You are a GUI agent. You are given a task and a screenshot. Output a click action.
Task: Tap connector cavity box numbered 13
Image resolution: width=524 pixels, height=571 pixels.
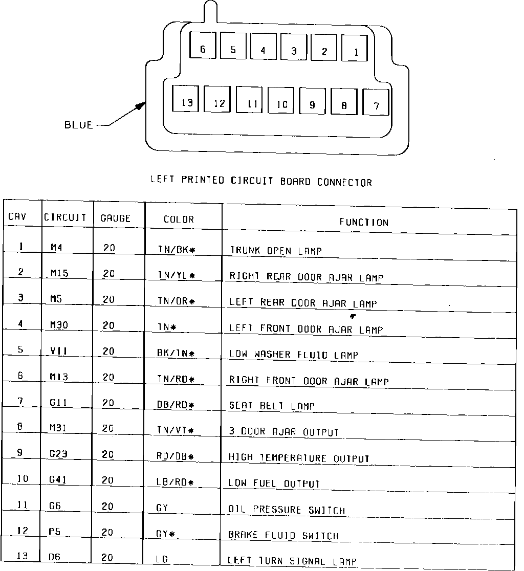coord(186,102)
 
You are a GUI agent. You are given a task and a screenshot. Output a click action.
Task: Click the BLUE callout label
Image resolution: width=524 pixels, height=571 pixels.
coord(78,124)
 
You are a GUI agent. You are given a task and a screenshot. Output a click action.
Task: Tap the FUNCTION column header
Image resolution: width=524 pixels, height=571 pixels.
coord(364,222)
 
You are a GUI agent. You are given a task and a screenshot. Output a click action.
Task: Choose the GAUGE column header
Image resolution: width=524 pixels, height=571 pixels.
coord(115,218)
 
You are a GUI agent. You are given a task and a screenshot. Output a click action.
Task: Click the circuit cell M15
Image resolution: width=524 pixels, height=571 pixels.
coord(59,273)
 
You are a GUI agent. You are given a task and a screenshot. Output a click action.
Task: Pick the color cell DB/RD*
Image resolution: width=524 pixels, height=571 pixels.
coord(176,405)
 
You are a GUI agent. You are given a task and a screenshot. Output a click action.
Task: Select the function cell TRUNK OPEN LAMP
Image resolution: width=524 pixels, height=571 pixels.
coord(275,250)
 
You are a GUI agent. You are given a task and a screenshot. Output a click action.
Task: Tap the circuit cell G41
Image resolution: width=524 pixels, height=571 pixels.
coord(58,480)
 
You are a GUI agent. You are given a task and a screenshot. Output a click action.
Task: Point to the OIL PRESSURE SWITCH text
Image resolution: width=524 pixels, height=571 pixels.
coord(286,510)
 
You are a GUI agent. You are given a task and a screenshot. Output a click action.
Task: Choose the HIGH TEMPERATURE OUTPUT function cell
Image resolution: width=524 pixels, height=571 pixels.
coord(299,458)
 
